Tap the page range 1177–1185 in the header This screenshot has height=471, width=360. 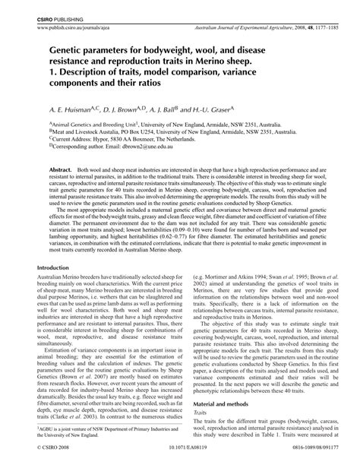click(314, 25)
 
